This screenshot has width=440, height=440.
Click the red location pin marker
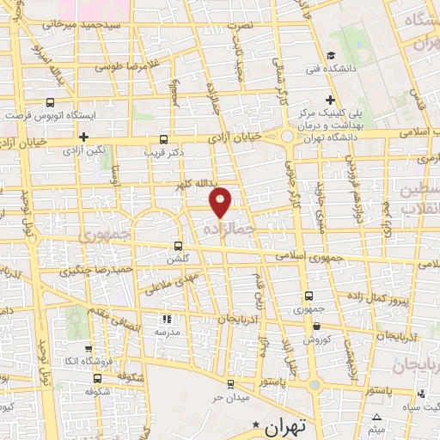[x=221, y=201]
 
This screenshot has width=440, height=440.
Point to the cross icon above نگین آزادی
[x=83, y=137]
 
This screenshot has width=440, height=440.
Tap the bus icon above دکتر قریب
[x=164, y=138]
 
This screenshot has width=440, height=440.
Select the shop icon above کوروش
[x=319, y=327]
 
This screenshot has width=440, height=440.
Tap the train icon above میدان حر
[x=229, y=383]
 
